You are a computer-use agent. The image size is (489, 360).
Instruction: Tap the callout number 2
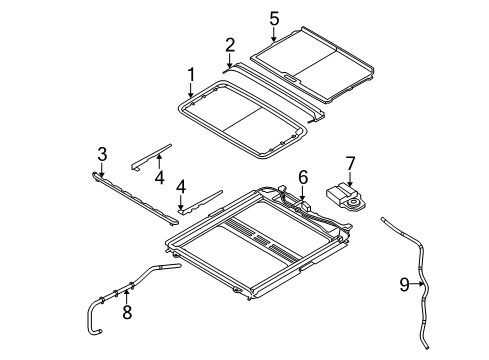pos(229,45)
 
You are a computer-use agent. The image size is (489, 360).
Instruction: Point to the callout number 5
pos(274,18)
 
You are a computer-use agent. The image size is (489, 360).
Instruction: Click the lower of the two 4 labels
pos(180,186)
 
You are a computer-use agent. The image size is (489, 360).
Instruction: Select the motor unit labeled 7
pos(346,195)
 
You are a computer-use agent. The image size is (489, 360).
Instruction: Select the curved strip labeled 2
pos(280,88)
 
